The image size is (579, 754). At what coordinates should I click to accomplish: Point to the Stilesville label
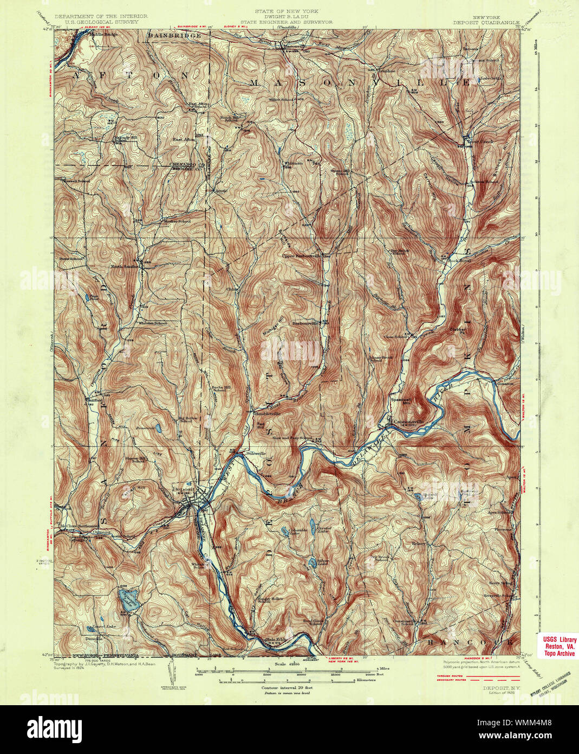256,452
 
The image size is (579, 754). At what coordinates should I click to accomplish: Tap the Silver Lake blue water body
313,563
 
